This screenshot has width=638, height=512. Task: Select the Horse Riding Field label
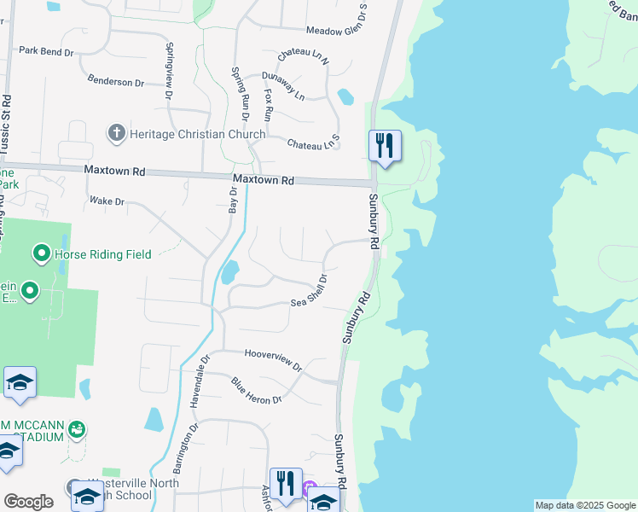click(102, 253)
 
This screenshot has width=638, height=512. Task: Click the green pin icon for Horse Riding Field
click(40, 253)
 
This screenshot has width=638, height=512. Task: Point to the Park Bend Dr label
click(46, 52)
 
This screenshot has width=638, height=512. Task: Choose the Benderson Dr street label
click(116, 82)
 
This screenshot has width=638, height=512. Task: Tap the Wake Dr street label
click(107, 201)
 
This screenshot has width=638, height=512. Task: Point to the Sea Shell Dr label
click(310, 291)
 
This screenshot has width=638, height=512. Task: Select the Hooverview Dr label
click(273, 359)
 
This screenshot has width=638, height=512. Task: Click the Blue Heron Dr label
click(257, 393)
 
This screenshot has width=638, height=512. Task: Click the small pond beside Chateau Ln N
click(345, 96)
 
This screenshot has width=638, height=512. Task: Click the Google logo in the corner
click(28, 502)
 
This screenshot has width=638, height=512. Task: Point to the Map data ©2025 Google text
click(584, 505)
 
